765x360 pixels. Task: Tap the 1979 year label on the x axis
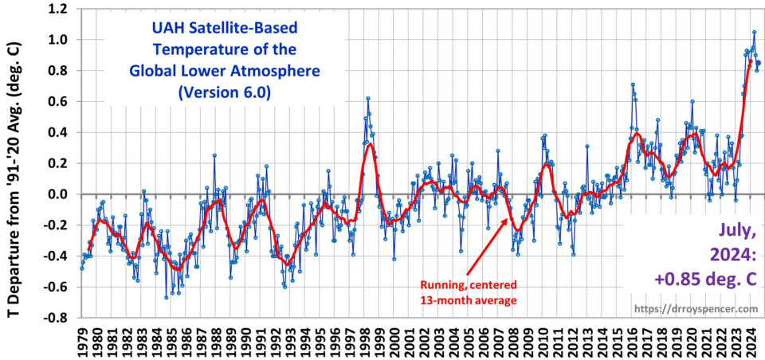pos(82,341)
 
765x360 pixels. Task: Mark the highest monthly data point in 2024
pos(754,33)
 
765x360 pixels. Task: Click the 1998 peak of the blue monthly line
pos(368,99)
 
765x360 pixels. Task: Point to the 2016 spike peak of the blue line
pos(633,84)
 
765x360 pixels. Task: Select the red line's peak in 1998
pos(370,144)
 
